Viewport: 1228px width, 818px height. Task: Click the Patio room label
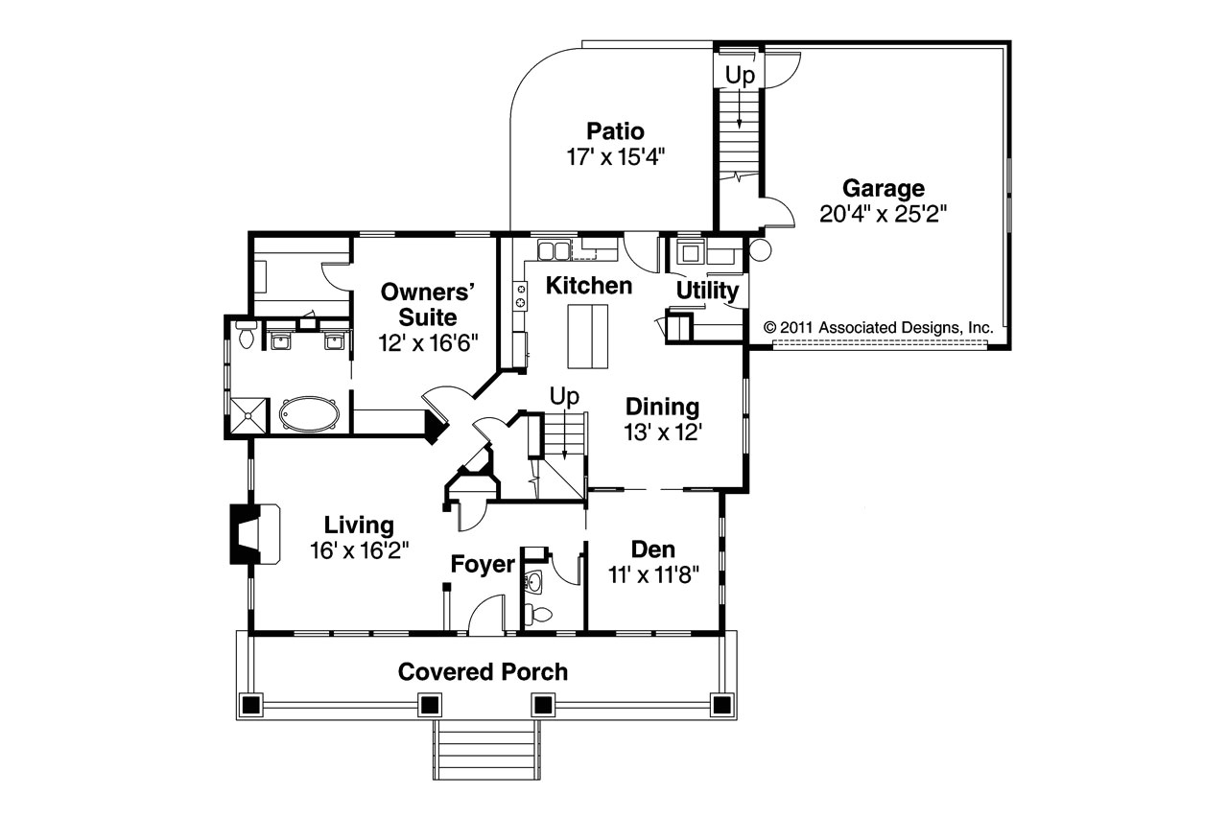[x=615, y=131]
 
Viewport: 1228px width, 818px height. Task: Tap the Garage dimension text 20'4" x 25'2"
[x=884, y=213]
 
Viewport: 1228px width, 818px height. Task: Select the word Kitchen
[x=589, y=286]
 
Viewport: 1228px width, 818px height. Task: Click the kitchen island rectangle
[x=587, y=336]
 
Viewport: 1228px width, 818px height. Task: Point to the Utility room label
[x=707, y=291]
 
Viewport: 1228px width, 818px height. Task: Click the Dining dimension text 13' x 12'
[x=662, y=432]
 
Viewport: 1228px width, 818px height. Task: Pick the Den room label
[x=652, y=549]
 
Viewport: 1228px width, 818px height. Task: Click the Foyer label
[x=484, y=565]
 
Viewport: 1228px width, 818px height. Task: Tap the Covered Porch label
[x=484, y=671]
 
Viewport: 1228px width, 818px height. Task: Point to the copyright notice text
[x=879, y=327]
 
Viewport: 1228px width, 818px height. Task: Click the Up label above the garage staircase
[x=740, y=75]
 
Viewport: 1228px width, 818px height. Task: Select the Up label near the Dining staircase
[x=563, y=396]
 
